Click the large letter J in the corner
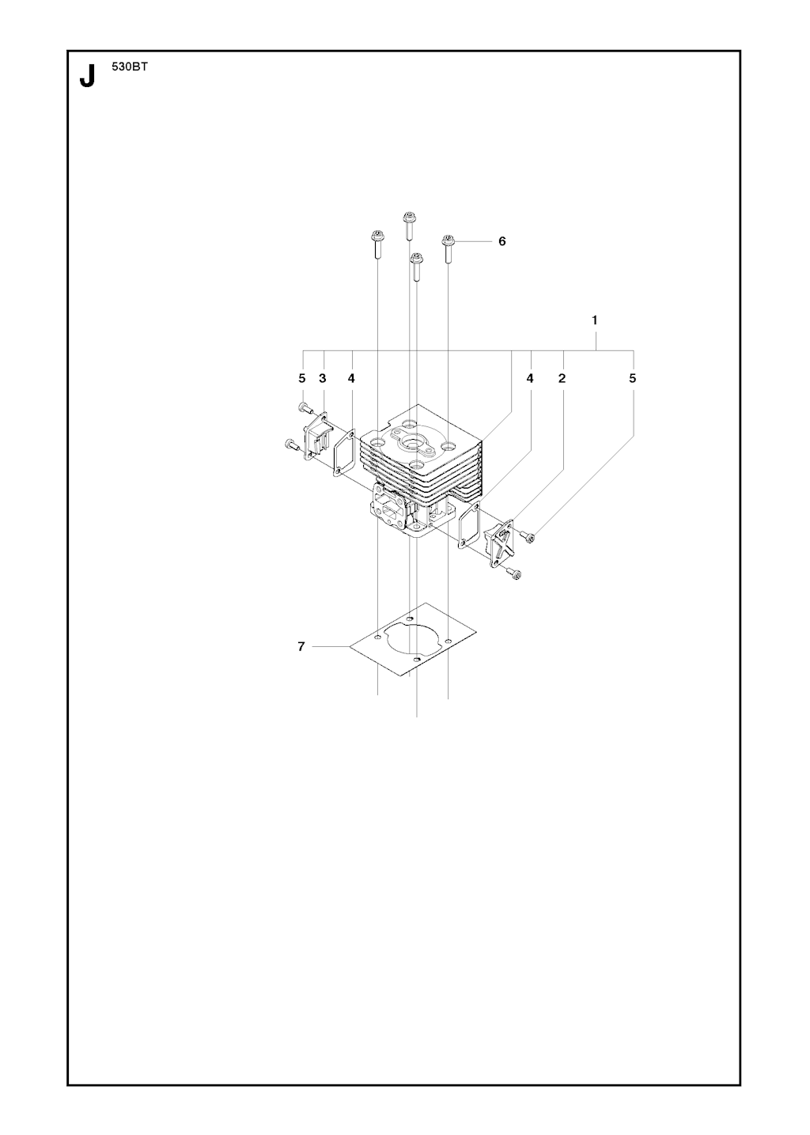tap(87, 76)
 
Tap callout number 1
tap(595, 320)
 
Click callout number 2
tap(562, 378)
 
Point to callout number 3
tap(323, 378)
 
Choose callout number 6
tap(502, 241)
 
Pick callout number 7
tap(301, 646)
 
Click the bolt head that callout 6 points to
tap(448, 240)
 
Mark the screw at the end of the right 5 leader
tap(527, 535)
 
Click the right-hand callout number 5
tap(632, 378)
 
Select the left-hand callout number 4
tap(351, 378)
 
